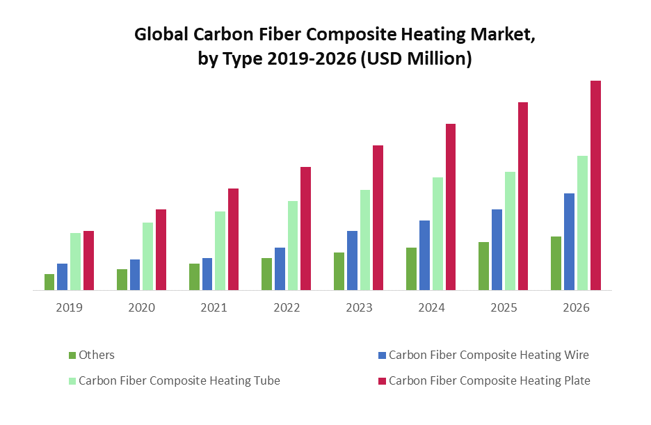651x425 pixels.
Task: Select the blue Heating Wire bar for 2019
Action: coord(63,277)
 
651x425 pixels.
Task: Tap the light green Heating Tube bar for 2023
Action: coord(365,240)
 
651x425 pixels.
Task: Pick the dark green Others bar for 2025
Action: coord(483,266)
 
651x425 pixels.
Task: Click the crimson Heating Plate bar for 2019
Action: coord(88,260)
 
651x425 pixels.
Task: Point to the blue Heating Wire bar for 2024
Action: coord(424,255)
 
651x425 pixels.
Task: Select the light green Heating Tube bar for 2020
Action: coord(148,256)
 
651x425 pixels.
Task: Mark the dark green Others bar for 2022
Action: coord(266,274)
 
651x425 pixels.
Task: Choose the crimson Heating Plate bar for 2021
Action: coord(233,239)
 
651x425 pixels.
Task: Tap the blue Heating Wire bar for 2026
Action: coord(569,241)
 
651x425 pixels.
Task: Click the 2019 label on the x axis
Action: coord(70,307)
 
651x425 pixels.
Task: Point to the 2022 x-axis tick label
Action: coord(287,307)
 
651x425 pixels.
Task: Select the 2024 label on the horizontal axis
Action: coord(431,307)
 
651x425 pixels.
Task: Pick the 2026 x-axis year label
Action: coord(576,307)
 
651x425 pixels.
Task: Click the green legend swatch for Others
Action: coord(72,355)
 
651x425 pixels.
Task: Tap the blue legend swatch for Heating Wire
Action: coord(381,355)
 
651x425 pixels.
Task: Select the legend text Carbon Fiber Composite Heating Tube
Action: coord(179,380)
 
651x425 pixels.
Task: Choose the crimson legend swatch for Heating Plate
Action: coord(381,380)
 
